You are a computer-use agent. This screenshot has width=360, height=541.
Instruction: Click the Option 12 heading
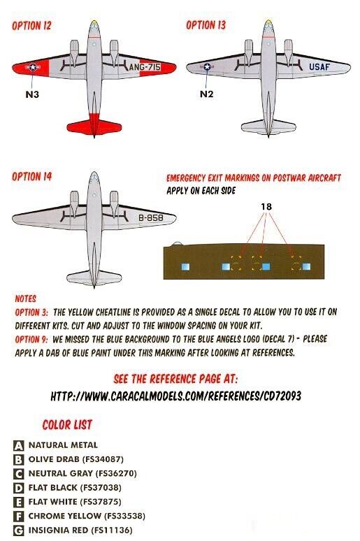pos(31,26)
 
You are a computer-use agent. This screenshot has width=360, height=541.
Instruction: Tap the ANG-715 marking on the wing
pos(145,67)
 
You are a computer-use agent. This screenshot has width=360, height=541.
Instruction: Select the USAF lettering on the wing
pos(319,66)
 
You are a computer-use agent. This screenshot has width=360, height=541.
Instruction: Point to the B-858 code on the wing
pos(151,217)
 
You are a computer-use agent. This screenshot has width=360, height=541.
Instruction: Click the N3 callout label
pos(32,94)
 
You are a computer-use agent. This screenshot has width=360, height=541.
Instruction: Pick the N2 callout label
pos(206,94)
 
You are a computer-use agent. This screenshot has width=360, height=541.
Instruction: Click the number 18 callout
pos(266,206)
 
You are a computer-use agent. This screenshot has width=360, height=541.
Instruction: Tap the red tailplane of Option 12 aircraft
pos(94,127)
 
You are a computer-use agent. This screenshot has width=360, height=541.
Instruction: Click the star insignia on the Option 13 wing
pos(207,66)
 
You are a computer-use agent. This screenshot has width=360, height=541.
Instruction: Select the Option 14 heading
pos(31,177)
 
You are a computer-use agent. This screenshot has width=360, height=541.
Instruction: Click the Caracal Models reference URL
pos(175,396)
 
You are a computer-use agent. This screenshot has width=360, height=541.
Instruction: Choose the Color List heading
pos(67,425)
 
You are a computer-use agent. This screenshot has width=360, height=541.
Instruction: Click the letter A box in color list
pos(19,445)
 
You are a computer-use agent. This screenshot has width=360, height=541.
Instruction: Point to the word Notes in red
pos(26,298)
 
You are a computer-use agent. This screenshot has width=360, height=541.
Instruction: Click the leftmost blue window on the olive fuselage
pos(185,267)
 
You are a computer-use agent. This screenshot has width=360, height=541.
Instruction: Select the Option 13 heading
pos(206,25)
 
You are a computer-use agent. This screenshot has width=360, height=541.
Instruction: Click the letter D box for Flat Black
pos(19,488)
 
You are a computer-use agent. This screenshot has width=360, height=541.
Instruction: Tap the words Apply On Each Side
pos(201,190)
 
